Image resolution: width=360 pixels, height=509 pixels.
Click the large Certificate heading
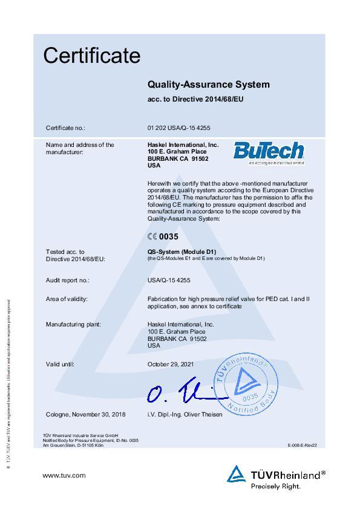tap(91, 56)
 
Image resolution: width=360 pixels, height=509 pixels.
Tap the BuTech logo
tap(260, 152)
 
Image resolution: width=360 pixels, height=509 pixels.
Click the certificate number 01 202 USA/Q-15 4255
tap(178, 128)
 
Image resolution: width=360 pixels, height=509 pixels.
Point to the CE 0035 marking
tap(163, 237)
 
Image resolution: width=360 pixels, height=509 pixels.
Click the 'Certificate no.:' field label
tap(66, 128)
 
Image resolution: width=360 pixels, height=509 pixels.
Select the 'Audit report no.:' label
tap(68, 280)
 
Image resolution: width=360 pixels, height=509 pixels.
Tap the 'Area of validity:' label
tap(67, 299)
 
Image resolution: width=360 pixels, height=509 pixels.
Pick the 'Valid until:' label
tap(60, 364)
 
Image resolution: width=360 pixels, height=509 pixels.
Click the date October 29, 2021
tap(171, 364)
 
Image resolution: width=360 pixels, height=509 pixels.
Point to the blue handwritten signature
tap(182, 395)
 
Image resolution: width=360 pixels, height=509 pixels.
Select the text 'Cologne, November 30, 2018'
tap(86, 414)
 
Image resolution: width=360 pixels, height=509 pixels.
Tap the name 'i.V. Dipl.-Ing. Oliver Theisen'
tap(185, 414)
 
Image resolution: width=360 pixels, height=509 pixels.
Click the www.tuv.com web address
tap(64, 475)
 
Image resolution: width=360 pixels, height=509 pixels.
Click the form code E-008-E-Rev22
tap(303, 445)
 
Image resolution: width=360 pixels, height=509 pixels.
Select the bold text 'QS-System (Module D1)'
tap(182, 251)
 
